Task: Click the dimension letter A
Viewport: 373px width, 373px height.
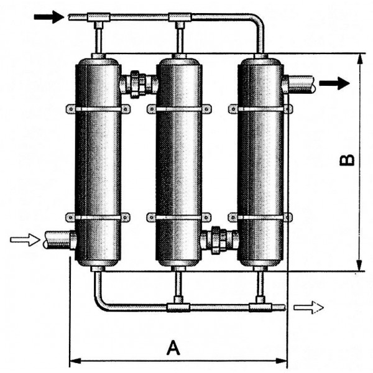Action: pyautogui.click(x=173, y=348)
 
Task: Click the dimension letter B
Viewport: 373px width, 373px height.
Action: pyautogui.click(x=347, y=160)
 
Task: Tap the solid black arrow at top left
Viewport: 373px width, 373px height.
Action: pyautogui.click(x=49, y=17)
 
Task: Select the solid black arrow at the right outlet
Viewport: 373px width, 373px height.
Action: pyautogui.click(x=334, y=83)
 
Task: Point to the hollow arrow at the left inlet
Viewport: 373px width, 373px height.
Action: pyautogui.click(x=25, y=239)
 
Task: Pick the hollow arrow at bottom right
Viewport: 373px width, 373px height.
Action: pyautogui.click(x=309, y=307)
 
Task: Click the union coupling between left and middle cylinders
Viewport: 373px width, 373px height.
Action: pyautogui.click(x=138, y=84)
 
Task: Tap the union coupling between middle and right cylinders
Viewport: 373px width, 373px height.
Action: pyautogui.click(x=219, y=240)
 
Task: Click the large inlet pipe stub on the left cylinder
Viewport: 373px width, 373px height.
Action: pyautogui.click(x=60, y=240)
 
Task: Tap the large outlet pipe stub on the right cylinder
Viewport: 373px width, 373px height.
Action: pyautogui.click(x=299, y=84)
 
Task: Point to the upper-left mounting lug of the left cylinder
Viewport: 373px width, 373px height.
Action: pyautogui.click(x=71, y=109)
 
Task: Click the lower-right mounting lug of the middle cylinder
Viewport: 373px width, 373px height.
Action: pyautogui.click(x=206, y=218)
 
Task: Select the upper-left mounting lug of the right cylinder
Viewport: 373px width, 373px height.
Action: pyautogui.click(x=233, y=109)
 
